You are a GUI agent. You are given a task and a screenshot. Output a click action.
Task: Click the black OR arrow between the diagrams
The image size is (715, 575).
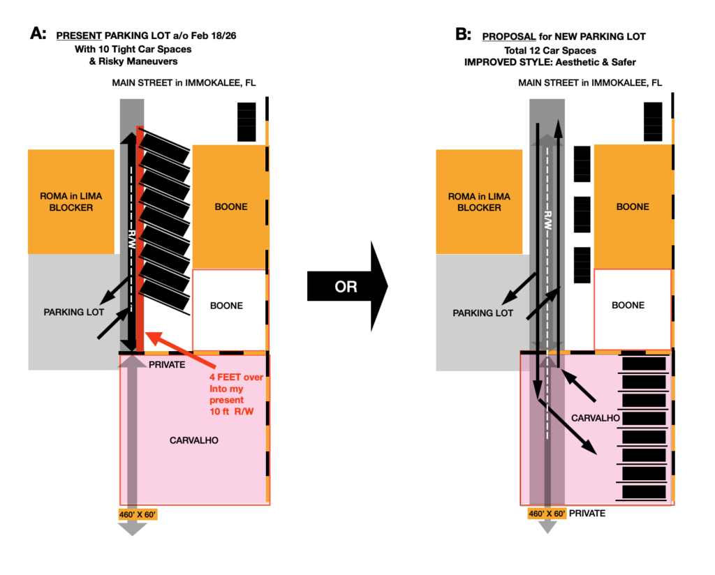point(347,286)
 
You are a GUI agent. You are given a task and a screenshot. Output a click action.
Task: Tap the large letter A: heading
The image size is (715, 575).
point(38,33)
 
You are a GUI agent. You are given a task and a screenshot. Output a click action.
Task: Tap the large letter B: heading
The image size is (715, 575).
point(463,34)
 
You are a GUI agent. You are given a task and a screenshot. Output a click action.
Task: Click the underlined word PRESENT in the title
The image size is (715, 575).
point(79,36)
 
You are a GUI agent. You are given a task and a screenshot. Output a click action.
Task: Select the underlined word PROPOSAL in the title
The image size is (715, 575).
point(509,36)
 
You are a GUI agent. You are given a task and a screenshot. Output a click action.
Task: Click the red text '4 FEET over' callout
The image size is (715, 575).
point(236,378)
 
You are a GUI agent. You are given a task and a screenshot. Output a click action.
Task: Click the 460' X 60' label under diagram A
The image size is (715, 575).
point(138,514)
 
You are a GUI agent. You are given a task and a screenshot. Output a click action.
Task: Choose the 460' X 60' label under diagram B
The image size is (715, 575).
point(547,514)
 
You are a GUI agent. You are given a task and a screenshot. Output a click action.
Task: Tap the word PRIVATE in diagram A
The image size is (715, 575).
point(167,364)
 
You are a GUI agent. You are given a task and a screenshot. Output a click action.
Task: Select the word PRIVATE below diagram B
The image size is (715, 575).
point(587,513)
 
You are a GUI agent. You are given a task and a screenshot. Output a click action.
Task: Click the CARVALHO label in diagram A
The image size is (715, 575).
point(194,440)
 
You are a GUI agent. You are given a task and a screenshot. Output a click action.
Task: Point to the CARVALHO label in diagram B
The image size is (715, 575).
point(596,418)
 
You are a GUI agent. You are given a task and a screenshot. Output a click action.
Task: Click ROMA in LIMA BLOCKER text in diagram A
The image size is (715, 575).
point(71,202)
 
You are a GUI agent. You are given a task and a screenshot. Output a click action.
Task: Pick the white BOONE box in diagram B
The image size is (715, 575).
point(633,310)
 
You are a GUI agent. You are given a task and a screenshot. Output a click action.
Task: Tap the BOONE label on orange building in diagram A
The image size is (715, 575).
point(231,207)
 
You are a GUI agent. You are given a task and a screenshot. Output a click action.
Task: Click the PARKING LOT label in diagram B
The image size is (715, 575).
point(483,313)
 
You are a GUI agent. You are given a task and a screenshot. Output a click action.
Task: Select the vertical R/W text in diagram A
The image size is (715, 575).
point(132,239)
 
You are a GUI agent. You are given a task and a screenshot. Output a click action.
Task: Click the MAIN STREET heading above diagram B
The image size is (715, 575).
point(590,82)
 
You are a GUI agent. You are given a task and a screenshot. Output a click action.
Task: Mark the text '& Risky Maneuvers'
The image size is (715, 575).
point(133,61)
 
